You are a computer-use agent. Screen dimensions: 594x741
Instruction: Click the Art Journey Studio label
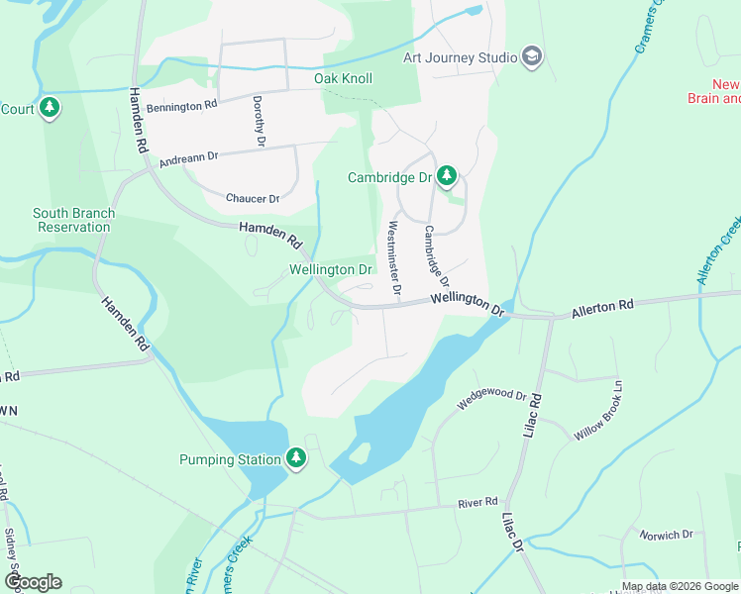click(460, 57)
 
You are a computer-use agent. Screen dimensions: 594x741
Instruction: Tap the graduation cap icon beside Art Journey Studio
click(532, 56)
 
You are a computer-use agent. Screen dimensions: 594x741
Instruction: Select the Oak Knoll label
click(343, 78)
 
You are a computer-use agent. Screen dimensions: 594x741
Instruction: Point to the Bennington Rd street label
click(181, 105)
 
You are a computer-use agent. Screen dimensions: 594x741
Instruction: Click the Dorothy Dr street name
click(259, 122)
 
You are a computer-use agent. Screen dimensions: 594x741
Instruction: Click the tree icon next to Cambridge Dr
click(447, 176)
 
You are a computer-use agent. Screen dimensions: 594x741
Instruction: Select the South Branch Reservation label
click(73, 220)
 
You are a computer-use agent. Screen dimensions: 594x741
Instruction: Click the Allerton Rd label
click(601, 308)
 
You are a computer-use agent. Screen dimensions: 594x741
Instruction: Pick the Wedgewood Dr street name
click(491, 400)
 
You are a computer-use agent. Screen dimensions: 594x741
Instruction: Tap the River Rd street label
click(477, 503)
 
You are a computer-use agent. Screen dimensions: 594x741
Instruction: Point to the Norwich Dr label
click(666, 535)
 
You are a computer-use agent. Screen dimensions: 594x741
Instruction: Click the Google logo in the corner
click(33, 581)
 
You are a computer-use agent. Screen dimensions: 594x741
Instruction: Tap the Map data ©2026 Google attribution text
click(678, 586)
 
